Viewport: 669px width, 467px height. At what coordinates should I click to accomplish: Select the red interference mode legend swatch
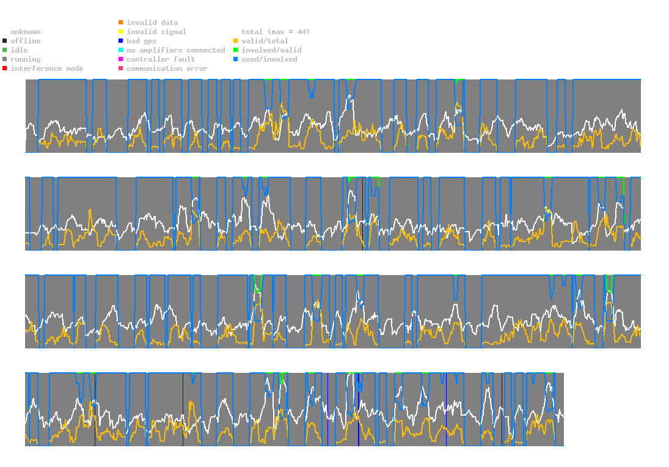click(4, 68)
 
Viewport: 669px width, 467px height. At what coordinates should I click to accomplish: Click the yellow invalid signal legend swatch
click(120, 32)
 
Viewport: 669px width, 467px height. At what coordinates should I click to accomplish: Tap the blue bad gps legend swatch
click(120, 41)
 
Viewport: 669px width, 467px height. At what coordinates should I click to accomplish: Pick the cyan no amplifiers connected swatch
click(120, 50)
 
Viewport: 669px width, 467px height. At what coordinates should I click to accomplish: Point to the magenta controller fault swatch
click(120, 59)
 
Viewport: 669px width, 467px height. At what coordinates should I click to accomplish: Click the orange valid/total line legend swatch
click(235, 41)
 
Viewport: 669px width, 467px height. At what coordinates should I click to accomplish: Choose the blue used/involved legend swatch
click(235, 59)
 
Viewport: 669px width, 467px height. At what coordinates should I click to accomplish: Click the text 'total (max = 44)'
click(274, 32)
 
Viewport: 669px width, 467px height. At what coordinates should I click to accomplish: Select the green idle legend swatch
click(4, 50)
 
